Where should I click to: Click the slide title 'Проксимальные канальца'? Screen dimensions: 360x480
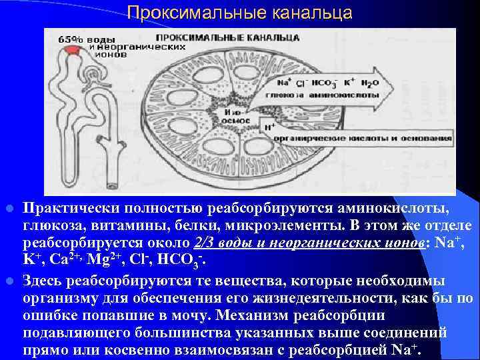pos(239,12)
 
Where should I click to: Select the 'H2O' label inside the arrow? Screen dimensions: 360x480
pos(369,83)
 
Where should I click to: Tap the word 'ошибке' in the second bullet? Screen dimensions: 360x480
pos(52,313)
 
